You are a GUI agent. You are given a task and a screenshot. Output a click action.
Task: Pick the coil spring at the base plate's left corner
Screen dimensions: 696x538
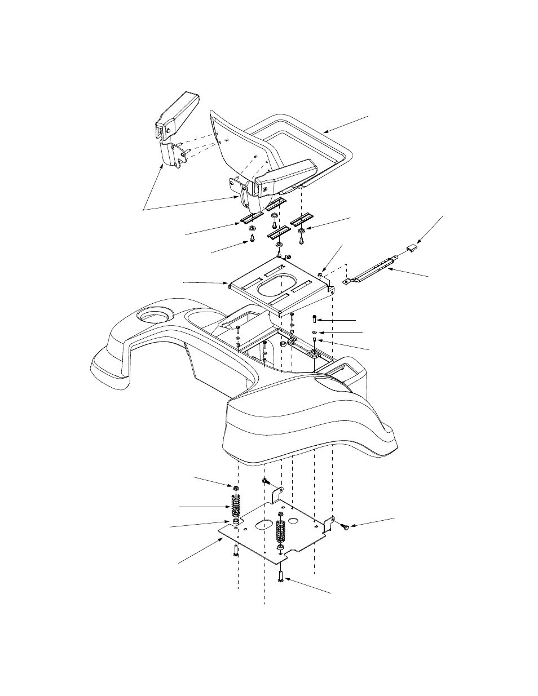(236, 504)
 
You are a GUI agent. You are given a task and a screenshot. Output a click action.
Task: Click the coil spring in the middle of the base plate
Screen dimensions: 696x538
(280, 530)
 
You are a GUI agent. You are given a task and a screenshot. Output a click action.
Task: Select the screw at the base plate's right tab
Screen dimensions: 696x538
(345, 526)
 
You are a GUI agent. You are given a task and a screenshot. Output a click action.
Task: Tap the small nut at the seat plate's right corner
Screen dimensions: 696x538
(320, 274)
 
